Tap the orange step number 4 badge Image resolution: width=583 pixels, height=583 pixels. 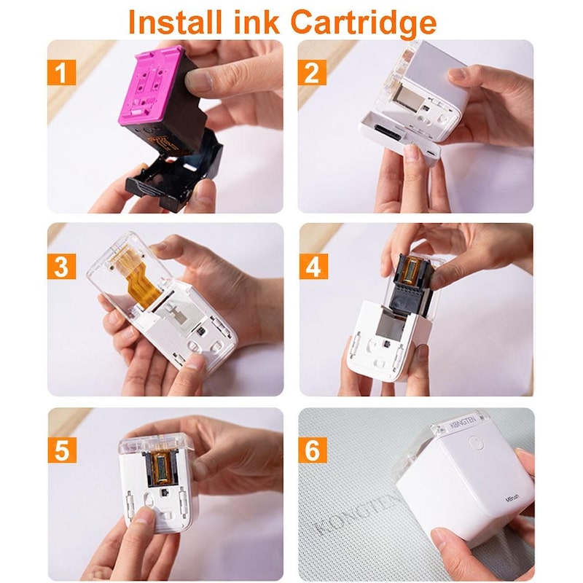[313, 267]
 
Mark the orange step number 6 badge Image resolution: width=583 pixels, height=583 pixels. [313, 450]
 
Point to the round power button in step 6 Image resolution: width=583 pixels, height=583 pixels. [474, 442]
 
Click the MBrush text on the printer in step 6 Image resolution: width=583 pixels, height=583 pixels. [516, 501]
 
